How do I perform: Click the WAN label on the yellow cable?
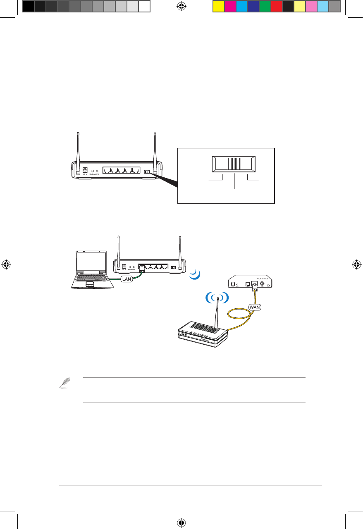[x=255, y=307]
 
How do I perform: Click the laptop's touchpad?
[x=89, y=285]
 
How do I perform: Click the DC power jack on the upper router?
[x=86, y=170]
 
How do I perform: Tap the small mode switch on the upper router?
[x=146, y=171]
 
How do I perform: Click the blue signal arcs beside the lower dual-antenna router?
[x=195, y=274]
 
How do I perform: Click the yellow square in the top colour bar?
[x=218, y=6]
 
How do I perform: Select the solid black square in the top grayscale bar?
[x=28, y=6]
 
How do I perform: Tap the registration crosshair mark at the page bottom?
[x=181, y=523]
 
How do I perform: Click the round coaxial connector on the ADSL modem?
[x=262, y=284]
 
